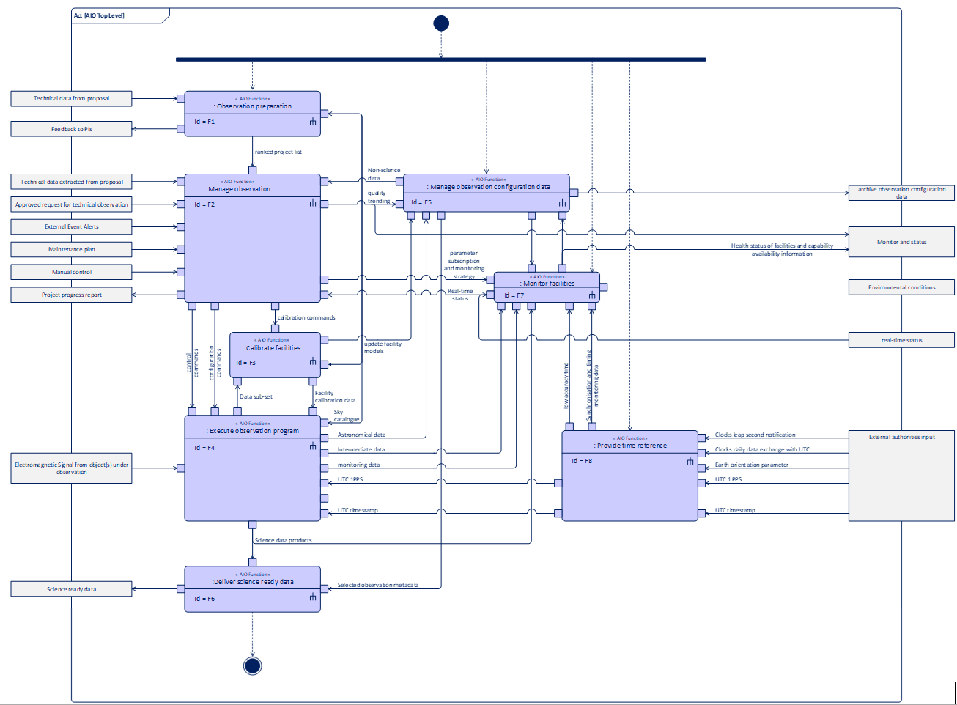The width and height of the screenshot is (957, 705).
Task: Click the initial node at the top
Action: [441, 23]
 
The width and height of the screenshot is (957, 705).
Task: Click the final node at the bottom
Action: [252, 665]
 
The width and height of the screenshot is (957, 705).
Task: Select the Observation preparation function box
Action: [252, 114]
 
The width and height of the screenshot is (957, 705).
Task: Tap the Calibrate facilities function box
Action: [275, 355]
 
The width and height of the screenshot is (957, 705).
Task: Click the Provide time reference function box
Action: [629, 476]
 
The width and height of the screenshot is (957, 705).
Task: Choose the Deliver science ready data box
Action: [252, 588]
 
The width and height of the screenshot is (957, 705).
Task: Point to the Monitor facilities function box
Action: [547, 287]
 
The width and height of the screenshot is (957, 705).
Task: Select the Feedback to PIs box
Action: [71, 129]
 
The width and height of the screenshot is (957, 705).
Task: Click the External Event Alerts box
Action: [71, 226]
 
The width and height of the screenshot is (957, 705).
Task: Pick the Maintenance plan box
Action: [71, 249]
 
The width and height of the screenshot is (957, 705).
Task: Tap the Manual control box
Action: [71, 272]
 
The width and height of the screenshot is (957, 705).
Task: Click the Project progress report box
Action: [71, 295]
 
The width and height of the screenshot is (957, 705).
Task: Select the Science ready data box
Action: [71, 589]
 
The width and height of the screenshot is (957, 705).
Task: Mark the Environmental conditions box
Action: [901, 287]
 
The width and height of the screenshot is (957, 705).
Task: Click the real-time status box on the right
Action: [901, 340]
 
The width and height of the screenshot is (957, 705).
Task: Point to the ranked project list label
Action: [278, 152]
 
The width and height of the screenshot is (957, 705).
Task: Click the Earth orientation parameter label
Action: [751, 465]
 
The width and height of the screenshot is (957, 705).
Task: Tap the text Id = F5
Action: [421, 202]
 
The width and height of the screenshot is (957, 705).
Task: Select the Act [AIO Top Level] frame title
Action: [99, 15]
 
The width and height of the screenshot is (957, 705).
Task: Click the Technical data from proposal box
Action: [71, 98]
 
